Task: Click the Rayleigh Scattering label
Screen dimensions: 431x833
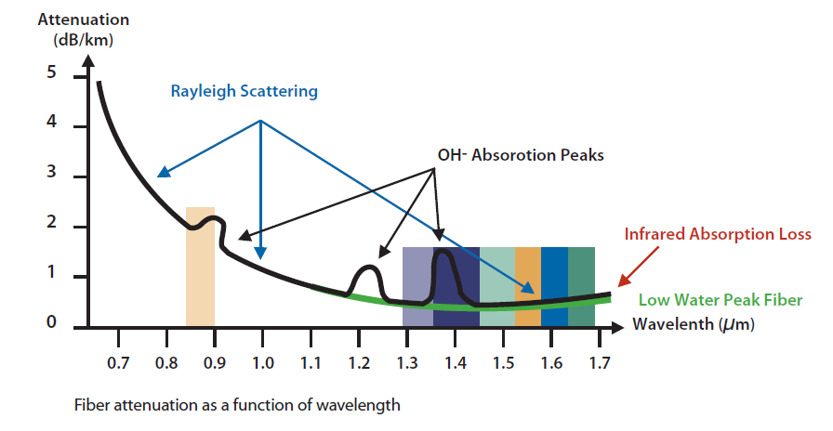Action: (244, 91)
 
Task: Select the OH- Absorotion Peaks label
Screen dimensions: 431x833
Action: (520, 155)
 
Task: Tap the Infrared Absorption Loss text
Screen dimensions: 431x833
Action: (717, 234)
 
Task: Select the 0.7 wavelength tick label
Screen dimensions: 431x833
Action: (118, 363)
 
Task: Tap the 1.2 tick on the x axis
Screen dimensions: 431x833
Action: (359, 363)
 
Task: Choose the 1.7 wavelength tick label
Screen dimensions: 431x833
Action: (600, 363)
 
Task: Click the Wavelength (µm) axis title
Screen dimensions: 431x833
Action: (693, 325)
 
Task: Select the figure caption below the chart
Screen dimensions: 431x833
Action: (239, 405)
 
